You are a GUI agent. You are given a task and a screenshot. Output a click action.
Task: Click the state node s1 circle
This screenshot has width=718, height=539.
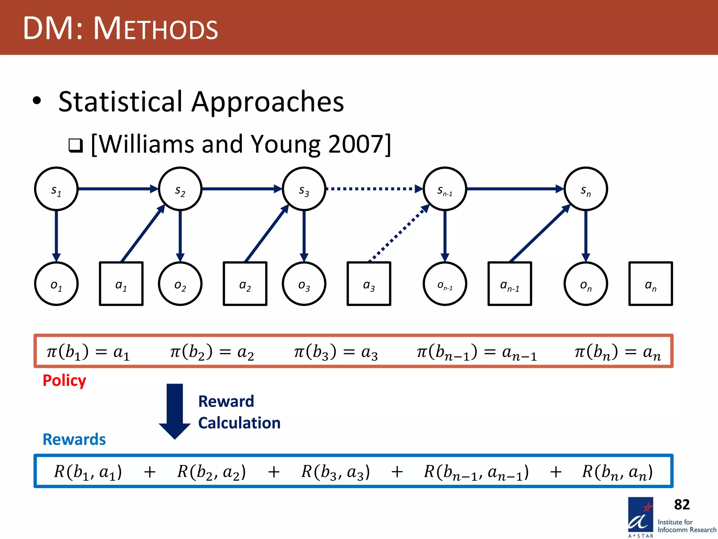(56, 189)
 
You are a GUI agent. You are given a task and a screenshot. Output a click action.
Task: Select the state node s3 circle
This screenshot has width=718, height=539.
(304, 189)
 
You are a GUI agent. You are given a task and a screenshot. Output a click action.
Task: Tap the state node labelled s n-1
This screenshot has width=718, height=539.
(445, 189)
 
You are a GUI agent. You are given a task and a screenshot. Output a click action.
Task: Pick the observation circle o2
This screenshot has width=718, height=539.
(180, 284)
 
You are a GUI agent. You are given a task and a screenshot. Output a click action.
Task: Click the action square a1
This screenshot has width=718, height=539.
(121, 284)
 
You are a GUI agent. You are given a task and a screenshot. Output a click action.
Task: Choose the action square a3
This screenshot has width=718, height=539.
(369, 284)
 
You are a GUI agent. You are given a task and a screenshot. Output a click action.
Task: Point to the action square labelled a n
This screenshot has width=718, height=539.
(651, 284)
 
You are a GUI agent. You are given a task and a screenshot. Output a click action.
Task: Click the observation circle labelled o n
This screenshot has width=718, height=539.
(585, 284)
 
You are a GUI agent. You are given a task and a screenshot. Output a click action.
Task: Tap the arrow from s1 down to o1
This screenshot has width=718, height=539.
(56, 235)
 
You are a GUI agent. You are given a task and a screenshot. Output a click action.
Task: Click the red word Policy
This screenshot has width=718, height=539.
(64, 380)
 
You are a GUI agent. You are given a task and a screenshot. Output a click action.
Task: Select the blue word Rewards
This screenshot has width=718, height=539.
(74, 439)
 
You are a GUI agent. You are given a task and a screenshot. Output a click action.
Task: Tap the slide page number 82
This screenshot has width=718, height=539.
(682, 505)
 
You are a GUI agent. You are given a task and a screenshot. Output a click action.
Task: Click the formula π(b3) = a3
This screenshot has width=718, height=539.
(336, 352)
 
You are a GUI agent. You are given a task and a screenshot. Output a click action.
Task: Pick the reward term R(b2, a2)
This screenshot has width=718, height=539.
(211, 472)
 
